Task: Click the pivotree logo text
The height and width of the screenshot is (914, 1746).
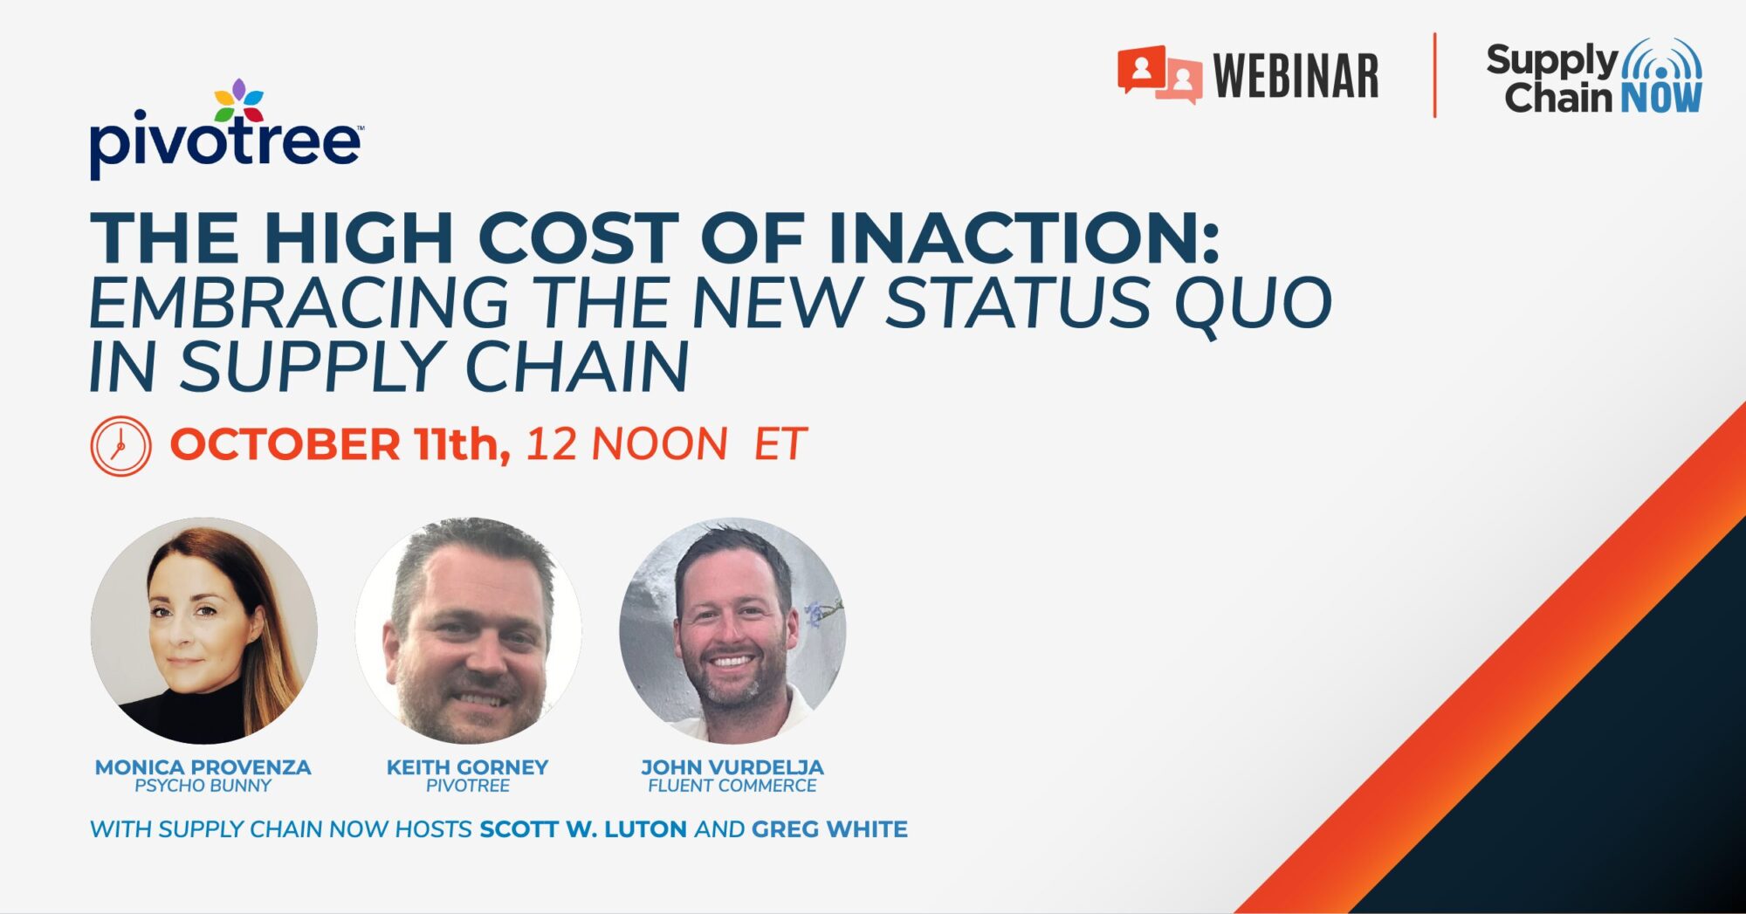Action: click(x=225, y=142)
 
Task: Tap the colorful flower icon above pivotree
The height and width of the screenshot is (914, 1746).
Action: click(x=239, y=100)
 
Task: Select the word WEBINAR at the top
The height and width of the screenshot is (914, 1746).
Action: click(x=1296, y=76)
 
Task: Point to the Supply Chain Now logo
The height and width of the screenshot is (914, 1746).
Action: click(x=1594, y=77)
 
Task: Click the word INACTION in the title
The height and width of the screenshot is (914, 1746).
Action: click(x=1023, y=237)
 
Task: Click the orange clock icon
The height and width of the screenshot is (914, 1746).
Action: click(x=120, y=446)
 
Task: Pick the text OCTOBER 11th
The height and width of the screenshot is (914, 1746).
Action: click(x=340, y=444)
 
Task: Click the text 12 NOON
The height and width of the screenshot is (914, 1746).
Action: click(x=626, y=444)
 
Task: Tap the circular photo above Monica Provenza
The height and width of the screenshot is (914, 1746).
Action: click(x=203, y=630)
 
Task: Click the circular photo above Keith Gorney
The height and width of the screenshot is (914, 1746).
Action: click(x=468, y=630)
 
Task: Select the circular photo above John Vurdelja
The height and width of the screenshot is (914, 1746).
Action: click(x=732, y=630)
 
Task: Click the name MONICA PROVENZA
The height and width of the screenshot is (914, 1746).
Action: click(x=203, y=767)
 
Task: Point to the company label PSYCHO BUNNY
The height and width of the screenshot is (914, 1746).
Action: click(x=203, y=786)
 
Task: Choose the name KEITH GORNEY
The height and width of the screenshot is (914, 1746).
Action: click(x=468, y=767)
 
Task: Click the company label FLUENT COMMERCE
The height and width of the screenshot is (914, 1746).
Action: click(x=732, y=786)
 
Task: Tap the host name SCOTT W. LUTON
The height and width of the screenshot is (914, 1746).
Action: click(x=583, y=829)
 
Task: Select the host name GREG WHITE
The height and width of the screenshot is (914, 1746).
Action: click(x=829, y=829)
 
